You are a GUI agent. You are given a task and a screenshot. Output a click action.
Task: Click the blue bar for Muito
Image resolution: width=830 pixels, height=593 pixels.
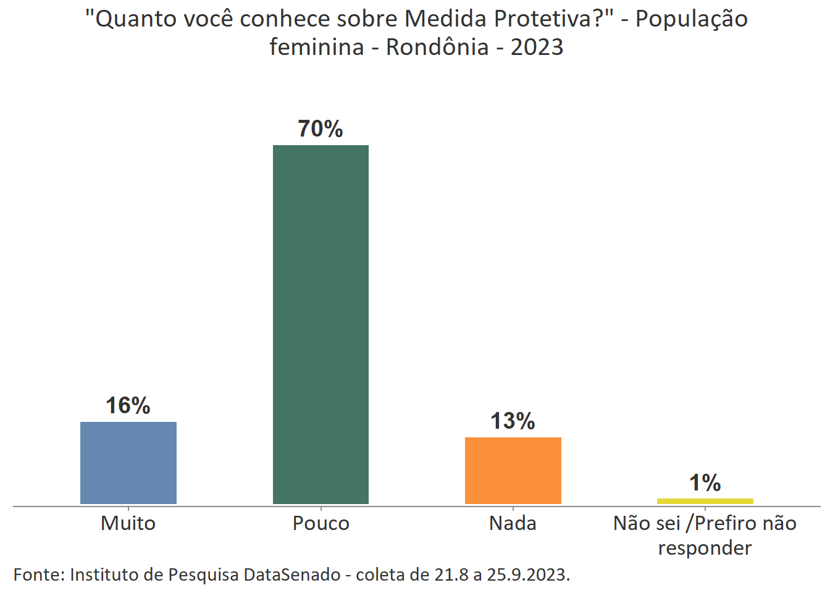(128, 463)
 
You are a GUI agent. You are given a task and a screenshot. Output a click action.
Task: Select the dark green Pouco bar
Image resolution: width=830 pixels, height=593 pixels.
(321, 324)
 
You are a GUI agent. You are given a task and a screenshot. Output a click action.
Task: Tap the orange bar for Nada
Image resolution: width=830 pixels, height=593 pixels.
(513, 470)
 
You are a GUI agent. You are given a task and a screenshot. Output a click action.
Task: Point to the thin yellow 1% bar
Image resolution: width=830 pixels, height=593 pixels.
(705, 501)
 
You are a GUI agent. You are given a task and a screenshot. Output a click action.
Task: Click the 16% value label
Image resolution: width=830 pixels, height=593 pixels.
(128, 406)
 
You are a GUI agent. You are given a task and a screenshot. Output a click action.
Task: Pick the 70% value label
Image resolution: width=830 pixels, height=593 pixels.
(320, 129)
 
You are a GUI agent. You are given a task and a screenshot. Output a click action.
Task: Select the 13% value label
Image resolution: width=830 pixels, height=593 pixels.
(513, 421)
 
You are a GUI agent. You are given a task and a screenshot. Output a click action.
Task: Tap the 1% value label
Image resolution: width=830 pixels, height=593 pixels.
(705, 483)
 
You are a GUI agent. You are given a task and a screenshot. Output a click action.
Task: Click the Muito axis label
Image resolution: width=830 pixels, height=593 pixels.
(128, 523)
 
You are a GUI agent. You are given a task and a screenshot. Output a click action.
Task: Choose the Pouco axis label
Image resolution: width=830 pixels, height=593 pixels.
(321, 523)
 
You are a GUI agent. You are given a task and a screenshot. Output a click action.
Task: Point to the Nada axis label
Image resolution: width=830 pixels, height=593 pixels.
(513, 523)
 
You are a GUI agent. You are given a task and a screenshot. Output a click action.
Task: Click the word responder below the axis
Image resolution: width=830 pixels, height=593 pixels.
(705, 548)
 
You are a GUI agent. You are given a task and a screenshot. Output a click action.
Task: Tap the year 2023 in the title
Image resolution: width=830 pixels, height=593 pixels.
(537, 47)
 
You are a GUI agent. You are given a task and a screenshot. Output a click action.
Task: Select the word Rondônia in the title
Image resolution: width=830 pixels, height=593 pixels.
(437, 47)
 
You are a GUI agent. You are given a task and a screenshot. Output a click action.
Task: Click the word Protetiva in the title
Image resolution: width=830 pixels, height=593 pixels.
(543, 19)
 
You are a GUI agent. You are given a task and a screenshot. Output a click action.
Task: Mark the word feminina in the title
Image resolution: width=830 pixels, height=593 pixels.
(316, 47)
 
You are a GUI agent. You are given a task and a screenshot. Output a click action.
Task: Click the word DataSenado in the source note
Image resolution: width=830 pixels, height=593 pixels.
(292, 574)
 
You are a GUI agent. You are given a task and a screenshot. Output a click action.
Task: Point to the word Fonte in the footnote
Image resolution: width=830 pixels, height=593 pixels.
(38, 574)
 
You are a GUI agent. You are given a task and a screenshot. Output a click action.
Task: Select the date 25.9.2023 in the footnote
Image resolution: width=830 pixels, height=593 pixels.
(527, 574)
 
